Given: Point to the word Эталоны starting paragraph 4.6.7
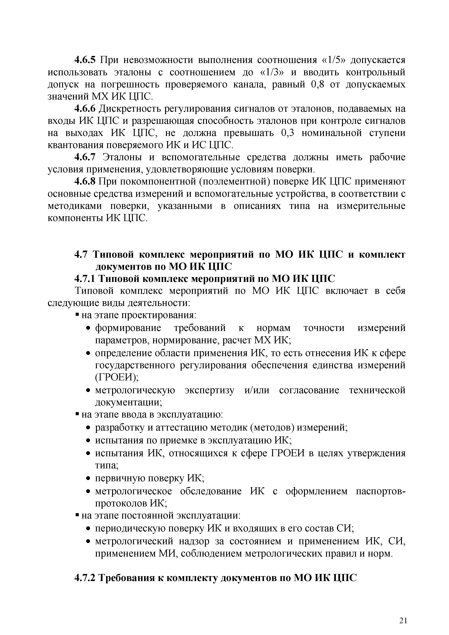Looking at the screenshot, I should tap(122, 157).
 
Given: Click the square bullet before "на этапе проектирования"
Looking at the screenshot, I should tap(77, 315).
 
